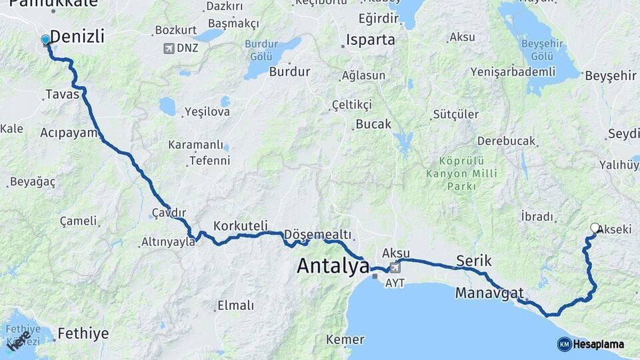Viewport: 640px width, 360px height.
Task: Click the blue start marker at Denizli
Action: click(x=45, y=40)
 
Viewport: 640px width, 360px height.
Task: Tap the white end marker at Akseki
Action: click(x=595, y=228)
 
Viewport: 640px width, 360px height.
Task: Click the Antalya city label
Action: click(x=333, y=266)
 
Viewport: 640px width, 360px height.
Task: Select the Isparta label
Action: click(x=371, y=40)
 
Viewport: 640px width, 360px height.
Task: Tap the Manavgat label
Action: click(x=489, y=293)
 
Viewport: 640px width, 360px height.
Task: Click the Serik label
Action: click(x=473, y=260)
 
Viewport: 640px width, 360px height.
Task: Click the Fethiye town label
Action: click(x=83, y=333)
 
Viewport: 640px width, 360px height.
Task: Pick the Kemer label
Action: click(x=345, y=340)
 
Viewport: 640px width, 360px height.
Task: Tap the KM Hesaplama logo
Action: click(x=591, y=344)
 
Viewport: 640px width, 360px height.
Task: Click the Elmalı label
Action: click(x=235, y=306)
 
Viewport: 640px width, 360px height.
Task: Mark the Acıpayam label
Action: click(x=69, y=133)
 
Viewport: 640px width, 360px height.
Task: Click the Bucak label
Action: click(x=373, y=124)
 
